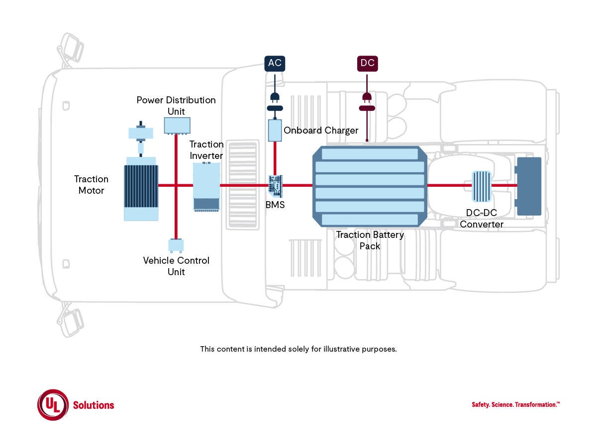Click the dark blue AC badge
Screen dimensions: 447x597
tap(275, 63)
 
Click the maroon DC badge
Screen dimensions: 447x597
tap(367, 63)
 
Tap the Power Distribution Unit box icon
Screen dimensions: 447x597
tap(177, 125)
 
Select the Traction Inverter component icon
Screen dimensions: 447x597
tap(206, 187)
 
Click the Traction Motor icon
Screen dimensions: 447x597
tap(141, 188)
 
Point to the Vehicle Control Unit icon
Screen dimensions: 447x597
tap(176, 245)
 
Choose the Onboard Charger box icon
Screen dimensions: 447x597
tap(275, 130)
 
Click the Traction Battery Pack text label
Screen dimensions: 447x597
tap(370, 240)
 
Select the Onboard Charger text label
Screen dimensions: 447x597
tap(321, 131)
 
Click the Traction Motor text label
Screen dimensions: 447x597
tap(91, 184)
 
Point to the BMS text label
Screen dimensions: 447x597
tap(275, 205)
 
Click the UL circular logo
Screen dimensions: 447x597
tap(52, 405)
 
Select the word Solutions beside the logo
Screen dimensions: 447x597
tap(94, 405)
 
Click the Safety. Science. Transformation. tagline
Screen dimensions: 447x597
tap(515, 405)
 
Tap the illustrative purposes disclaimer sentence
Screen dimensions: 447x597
tap(298, 349)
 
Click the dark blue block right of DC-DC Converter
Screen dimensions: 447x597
tap(529, 186)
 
